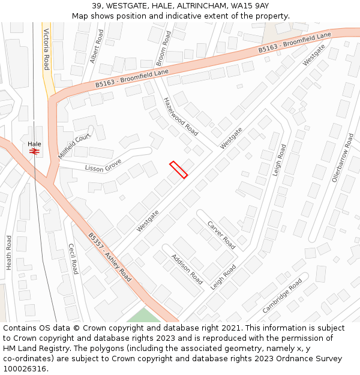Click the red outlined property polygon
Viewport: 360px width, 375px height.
(x=179, y=170)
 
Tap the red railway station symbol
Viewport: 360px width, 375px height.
(x=34, y=152)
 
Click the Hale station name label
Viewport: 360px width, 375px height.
(x=34, y=144)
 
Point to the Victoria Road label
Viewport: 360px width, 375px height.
(x=46, y=50)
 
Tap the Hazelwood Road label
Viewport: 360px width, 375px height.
(x=181, y=116)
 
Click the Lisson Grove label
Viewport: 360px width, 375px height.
(x=103, y=166)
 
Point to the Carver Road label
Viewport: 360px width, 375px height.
(x=221, y=235)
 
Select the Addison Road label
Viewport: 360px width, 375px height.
(x=187, y=269)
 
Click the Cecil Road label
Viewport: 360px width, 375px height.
(x=73, y=259)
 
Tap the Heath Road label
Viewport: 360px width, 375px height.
(x=9, y=252)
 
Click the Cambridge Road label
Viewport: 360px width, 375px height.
(x=282, y=295)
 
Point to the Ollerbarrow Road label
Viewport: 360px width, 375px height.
(x=343, y=158)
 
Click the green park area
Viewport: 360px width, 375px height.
(x=144, y=316)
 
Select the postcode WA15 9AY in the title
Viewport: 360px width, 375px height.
(x=252, y=6)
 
